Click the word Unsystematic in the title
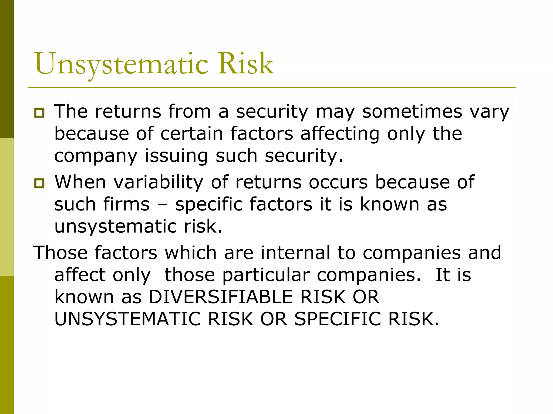point(122,64)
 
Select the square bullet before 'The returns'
point(39,112)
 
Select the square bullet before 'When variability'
point(39,183)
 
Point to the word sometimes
point(412,112)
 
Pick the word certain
point(192,134)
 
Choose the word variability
point(159,183)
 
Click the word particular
point(266,275)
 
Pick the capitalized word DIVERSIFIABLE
point(221,297)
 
